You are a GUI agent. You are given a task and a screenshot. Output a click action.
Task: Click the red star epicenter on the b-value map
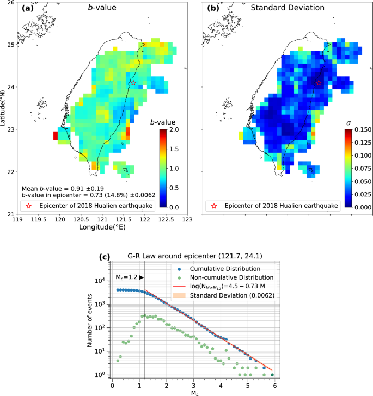tap(133, 83)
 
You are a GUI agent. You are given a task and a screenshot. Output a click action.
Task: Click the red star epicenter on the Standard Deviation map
tap(319, 83)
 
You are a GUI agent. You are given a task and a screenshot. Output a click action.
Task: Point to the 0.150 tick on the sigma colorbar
tap(358, 129)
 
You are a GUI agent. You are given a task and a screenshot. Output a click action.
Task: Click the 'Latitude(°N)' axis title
tap(4, 108)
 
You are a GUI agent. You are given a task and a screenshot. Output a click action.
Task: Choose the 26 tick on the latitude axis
tap(10, 3)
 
